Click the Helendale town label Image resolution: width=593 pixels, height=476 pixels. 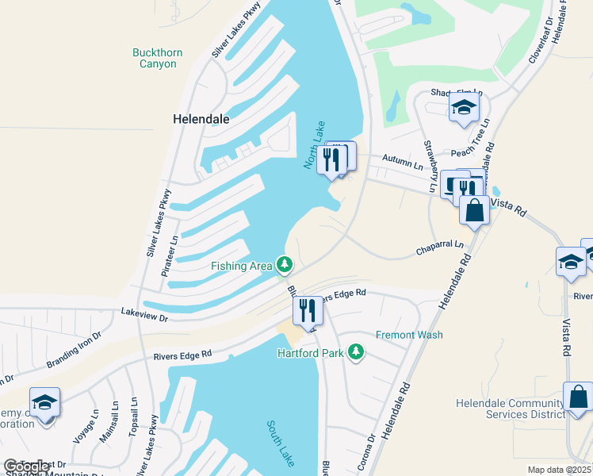pos(201,119)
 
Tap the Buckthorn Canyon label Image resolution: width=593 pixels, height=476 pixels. pos(157,58)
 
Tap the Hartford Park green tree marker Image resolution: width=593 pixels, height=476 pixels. pos(356,351)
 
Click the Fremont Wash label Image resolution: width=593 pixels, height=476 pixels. pos(409,335)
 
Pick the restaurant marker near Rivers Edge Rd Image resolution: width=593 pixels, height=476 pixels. pos(308,310)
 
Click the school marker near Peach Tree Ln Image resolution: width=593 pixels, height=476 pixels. pos(465,109)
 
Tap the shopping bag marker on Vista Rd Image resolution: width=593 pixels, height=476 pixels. pos(475,210)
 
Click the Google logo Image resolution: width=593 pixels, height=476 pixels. pos(27,466)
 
